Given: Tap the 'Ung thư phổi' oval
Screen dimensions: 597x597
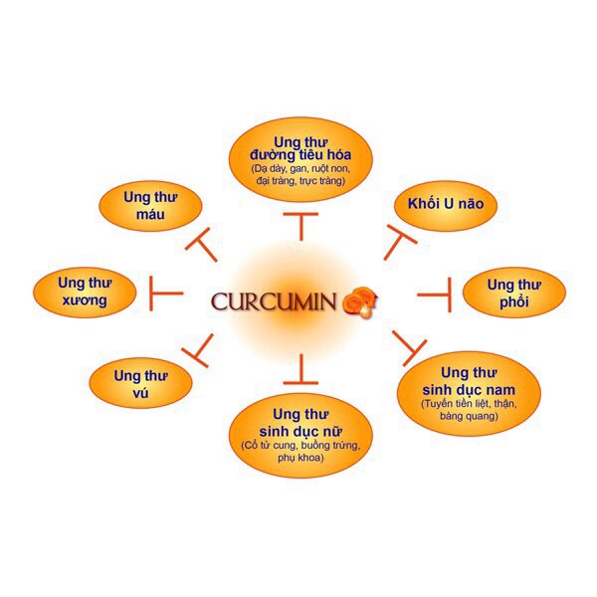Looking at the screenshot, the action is click(513, 293).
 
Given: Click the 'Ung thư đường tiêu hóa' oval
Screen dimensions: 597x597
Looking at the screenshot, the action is click(299, 159).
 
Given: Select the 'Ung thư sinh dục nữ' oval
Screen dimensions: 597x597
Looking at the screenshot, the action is click(299, 438).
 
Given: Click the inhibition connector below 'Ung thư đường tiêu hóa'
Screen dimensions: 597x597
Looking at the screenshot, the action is click(299, 225).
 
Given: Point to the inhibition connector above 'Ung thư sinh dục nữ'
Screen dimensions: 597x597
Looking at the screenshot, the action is click(299, 373).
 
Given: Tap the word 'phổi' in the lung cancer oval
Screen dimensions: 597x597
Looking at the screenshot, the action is click(513, 302).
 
